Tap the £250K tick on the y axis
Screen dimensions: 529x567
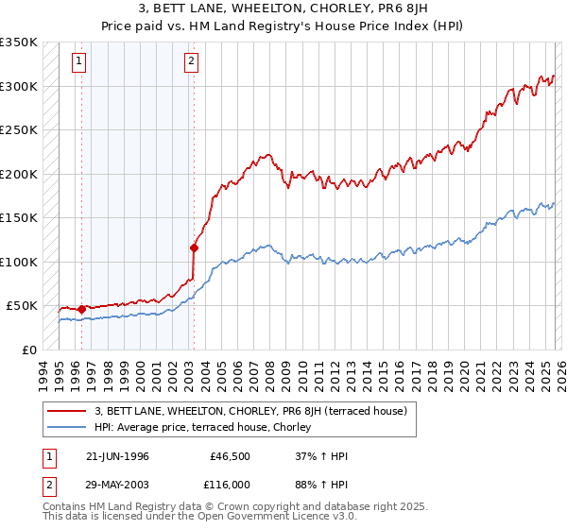point(19,130)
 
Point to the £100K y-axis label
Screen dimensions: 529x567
point(19,262)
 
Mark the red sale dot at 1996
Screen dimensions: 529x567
point(82,309)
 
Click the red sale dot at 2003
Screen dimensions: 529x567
point(194,248)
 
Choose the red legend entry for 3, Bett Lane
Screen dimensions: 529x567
point(250,411)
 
